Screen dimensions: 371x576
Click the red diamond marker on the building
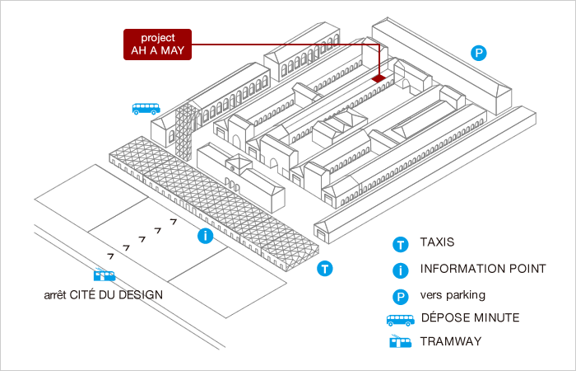pos(379,78)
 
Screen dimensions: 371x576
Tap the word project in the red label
pos(157,38)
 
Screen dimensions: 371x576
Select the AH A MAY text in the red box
pos(157,51)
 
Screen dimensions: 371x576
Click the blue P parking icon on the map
pos(479,54)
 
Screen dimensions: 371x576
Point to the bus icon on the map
pos(146,108)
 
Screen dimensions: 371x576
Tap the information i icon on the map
pos(206,237)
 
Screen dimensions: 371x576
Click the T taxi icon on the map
pos(325,268)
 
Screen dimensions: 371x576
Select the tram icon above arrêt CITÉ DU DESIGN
pos(105,277)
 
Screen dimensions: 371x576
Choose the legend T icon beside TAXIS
pos(400,244)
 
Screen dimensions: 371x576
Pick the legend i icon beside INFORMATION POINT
pos(400,270)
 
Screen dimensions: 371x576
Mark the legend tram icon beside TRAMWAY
pos(400,342)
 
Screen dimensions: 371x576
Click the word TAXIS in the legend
pos(437,243)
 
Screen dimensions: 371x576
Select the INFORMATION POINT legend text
pos(482,269)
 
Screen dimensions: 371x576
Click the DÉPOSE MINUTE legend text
pos(470,317)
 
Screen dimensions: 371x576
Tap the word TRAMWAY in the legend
pos(451,341)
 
